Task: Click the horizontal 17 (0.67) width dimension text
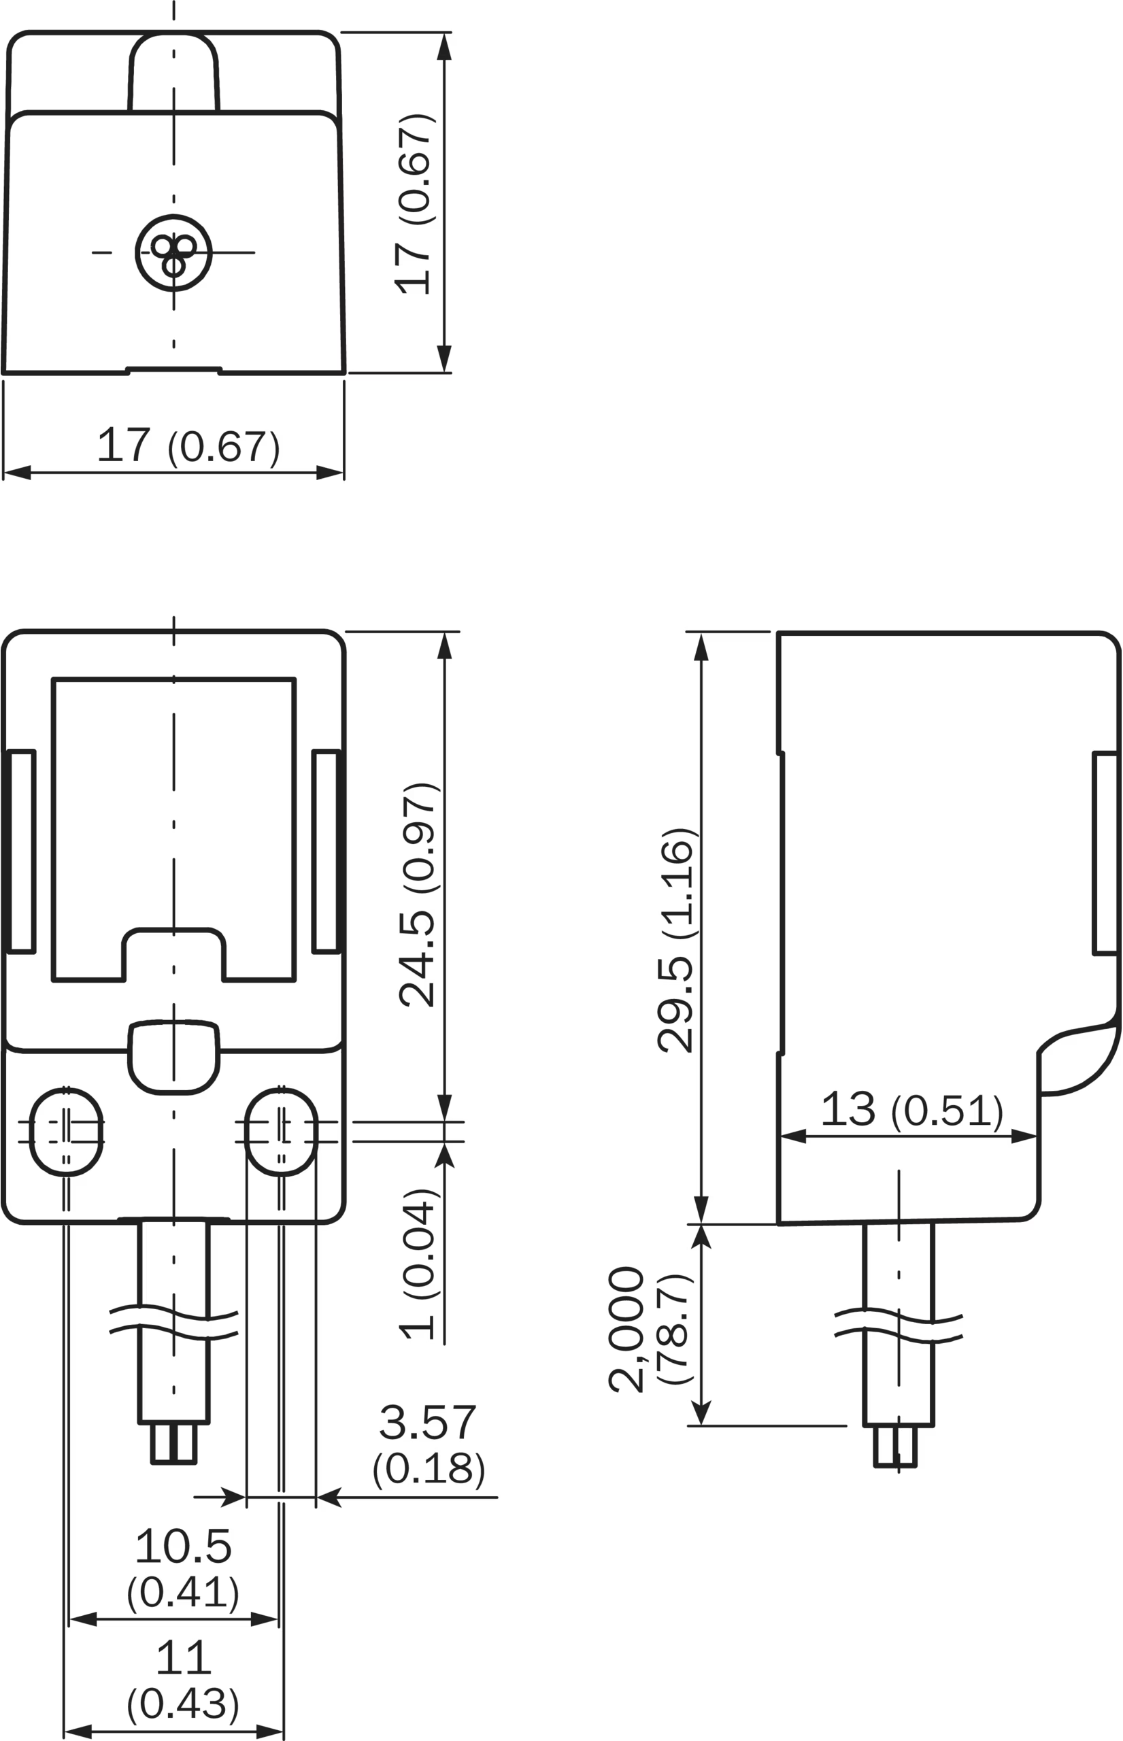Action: coord(188,446)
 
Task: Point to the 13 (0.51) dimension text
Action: coord(911,1110)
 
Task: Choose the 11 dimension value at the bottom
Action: coord(183,1658)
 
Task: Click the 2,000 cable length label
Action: coord(627,1330)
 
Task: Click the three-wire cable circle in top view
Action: coord(173,253)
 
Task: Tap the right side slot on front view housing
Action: coord(326,851)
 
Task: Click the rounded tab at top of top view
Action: coord(173,71)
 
